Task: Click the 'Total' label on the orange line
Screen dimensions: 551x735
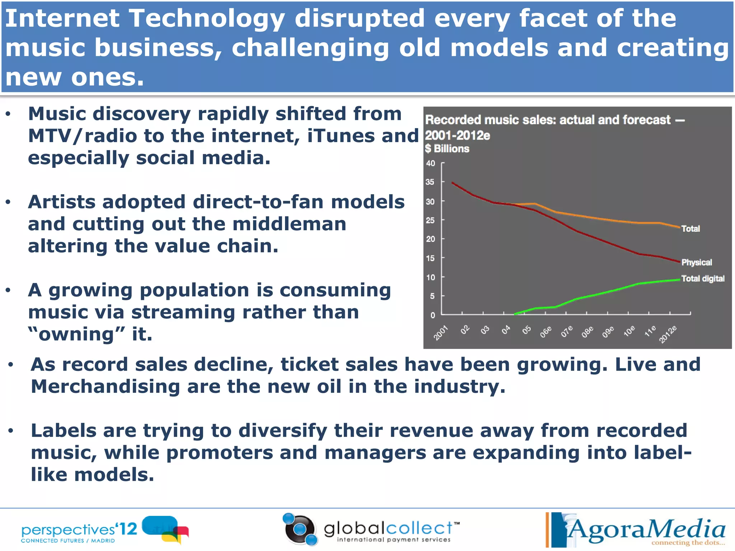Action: click(x=690, y=229)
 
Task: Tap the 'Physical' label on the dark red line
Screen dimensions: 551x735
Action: click(x=696, y=262)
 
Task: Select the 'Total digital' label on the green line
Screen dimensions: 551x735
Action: click(x=702, y=278)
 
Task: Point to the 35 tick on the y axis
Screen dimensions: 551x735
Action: click(x=430, y=182)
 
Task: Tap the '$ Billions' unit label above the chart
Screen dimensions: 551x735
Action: click(x=447, y=149)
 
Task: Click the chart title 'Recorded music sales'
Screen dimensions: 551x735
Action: click(x=547, y=120)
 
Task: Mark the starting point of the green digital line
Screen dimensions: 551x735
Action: click(x=515, y=314)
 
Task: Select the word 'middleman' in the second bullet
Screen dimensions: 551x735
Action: click(x=289, y=224)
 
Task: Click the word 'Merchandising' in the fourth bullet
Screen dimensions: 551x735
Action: click(x=105, y=386)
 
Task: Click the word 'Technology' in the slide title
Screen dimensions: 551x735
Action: click(x=207, y=19)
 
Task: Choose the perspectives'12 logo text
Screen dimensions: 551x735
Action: click(x=79, y=530)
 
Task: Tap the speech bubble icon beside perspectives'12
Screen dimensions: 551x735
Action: click(x=165, y=529)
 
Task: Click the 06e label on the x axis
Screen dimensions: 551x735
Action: click(x=546, y=332)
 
